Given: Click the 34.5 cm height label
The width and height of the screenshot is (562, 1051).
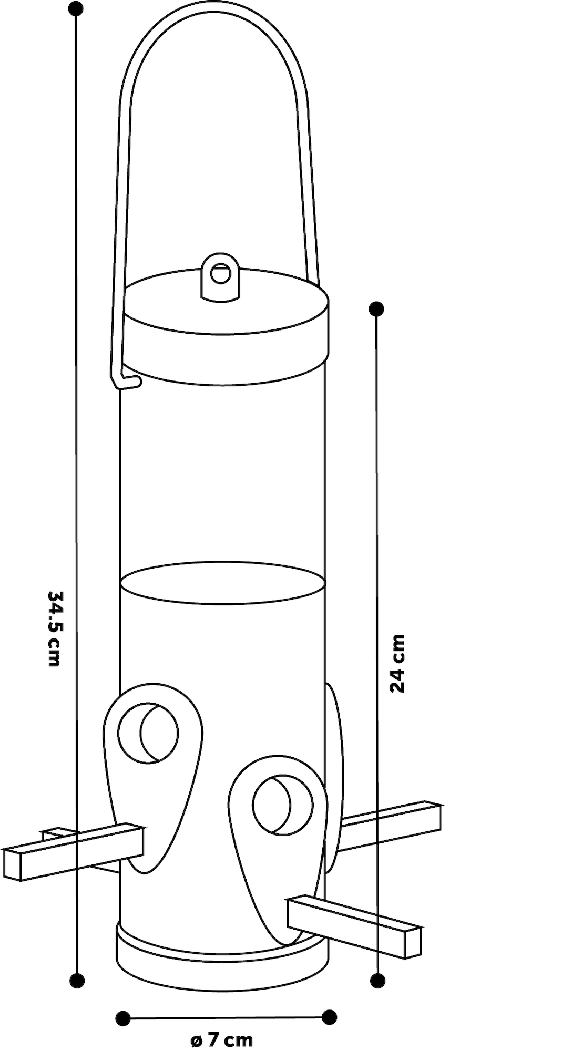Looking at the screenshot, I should pyautogui.click(x=54, y=628).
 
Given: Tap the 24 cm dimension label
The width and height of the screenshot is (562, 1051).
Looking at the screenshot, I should pyautogui.click(x=397, y=664).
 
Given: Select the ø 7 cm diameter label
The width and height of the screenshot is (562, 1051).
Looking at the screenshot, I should pyautogui.click(x=221, y=1040).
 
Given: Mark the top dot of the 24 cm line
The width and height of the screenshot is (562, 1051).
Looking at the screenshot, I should pyautogui.click(x=376, y=309).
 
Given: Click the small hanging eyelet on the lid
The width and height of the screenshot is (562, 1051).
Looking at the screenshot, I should pyautogui.click(x=220, y=274).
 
